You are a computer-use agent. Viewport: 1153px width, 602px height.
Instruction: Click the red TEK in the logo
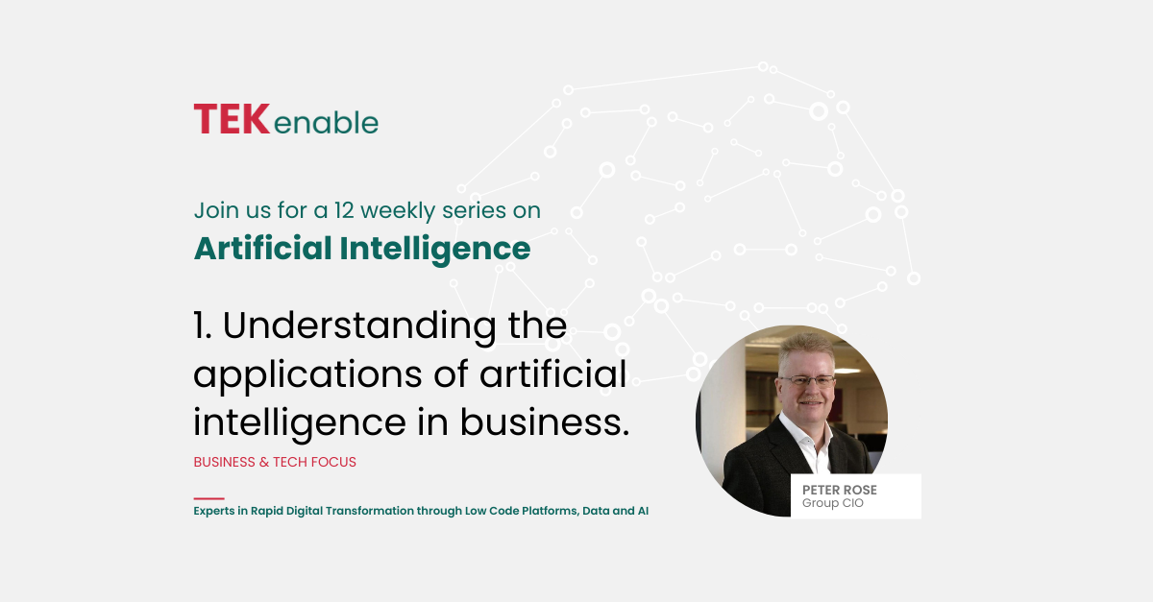click(232, 119)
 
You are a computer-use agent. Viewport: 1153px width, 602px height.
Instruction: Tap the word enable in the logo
click(327, 123)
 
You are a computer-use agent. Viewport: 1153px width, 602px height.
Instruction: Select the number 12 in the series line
click(344, 210)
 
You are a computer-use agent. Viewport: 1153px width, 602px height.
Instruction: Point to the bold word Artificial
click(262, 248)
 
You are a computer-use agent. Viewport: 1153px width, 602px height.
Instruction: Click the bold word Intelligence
click(435, 250)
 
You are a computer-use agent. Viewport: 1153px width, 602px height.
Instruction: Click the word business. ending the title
click(544, 422)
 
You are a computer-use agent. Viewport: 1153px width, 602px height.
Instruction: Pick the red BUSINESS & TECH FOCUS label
click(275, 462)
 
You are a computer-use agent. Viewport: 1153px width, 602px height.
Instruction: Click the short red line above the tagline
click(209, 498)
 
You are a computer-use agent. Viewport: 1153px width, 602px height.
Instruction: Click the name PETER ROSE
click(840, 490)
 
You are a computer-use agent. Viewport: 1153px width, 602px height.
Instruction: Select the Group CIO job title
click(833, 503)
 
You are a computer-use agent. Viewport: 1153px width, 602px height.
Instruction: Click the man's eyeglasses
click(806, 381)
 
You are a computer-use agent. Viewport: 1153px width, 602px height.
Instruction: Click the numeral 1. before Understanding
click(203, 325)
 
